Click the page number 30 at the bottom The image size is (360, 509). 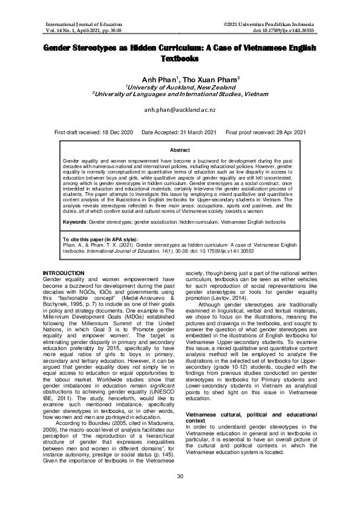pyautogui.click(x=180, y=493)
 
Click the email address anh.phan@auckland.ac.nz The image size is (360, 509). pyautogui.click(x=180, y=112)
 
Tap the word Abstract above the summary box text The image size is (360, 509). pyautogui.click(x=180, y=149)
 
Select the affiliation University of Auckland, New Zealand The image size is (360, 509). pyautogui.click(x=180, y=88)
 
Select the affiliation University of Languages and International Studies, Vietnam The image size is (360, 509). pyautogui.click(x=180, y=95)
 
